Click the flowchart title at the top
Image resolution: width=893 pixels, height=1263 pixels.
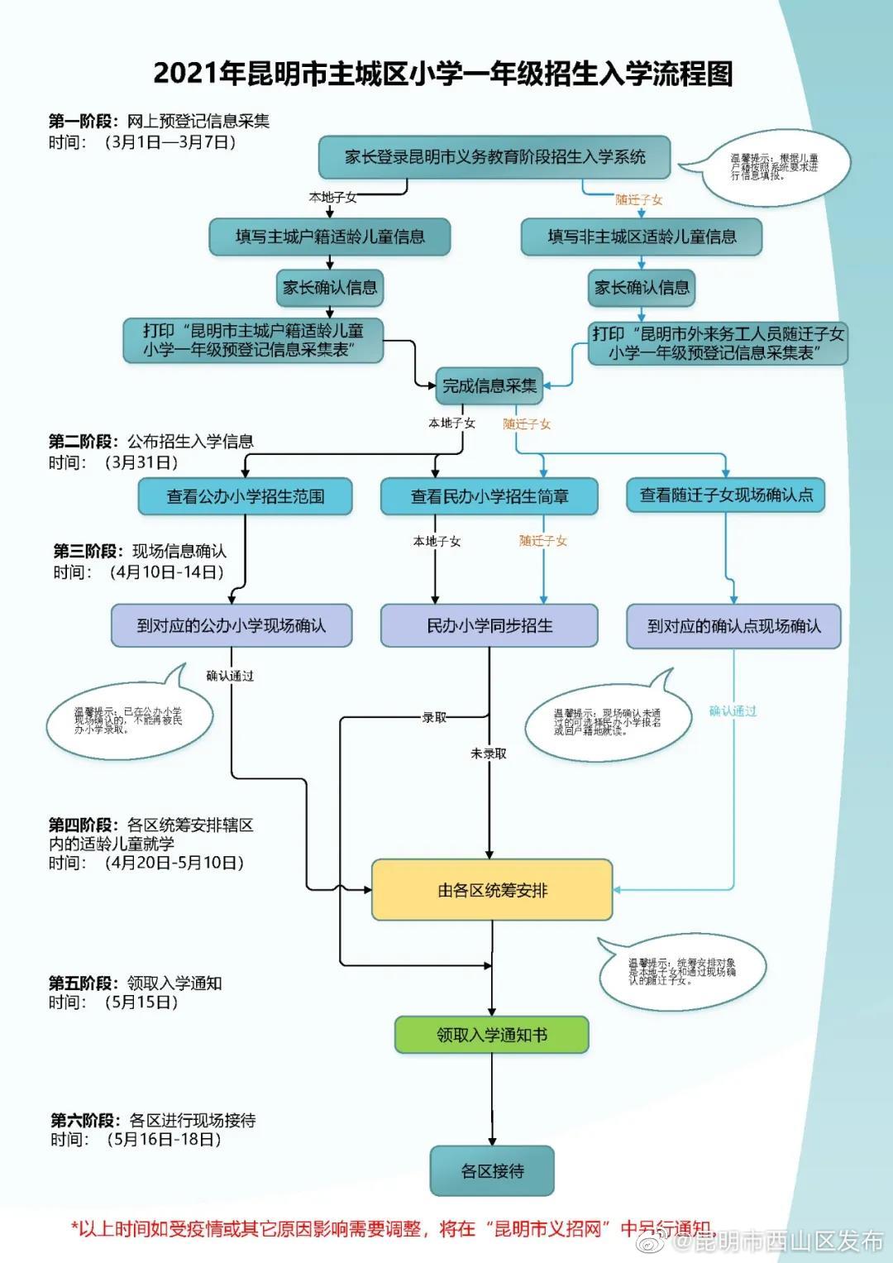coord(443,74)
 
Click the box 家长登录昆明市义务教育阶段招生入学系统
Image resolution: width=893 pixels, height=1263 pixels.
coord(494,157)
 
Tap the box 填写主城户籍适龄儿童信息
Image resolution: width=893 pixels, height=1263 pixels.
coord(330,237)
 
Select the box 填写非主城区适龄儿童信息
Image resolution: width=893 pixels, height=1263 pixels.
coord(642,237)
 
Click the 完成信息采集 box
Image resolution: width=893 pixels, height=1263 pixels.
coord(489,385)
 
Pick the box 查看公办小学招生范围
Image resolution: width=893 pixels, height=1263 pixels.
coord(246,496)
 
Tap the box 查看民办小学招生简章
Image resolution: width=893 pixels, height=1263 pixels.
coord(489,496)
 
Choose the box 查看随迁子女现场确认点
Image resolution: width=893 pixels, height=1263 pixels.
coord(726,495)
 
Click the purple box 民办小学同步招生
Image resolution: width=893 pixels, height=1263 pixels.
coord(489,625)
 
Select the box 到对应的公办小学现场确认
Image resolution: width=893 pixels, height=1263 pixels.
coord(232,625)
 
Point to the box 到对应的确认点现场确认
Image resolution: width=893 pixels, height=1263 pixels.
coord(733,625)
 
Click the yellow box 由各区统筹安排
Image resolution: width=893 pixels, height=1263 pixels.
coord(492,890)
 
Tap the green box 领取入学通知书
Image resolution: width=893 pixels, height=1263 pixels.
coord(492,1035)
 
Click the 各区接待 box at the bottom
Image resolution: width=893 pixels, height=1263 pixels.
coord(492,1171)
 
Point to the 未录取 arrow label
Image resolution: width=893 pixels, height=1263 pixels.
coord(489,753)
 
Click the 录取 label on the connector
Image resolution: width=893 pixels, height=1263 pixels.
coord(434,717)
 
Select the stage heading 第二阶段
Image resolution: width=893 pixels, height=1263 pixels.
coord(84,441)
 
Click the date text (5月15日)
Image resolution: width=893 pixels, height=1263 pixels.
coord(141,1002)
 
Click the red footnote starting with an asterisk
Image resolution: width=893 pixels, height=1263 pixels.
coord(389,1228)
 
